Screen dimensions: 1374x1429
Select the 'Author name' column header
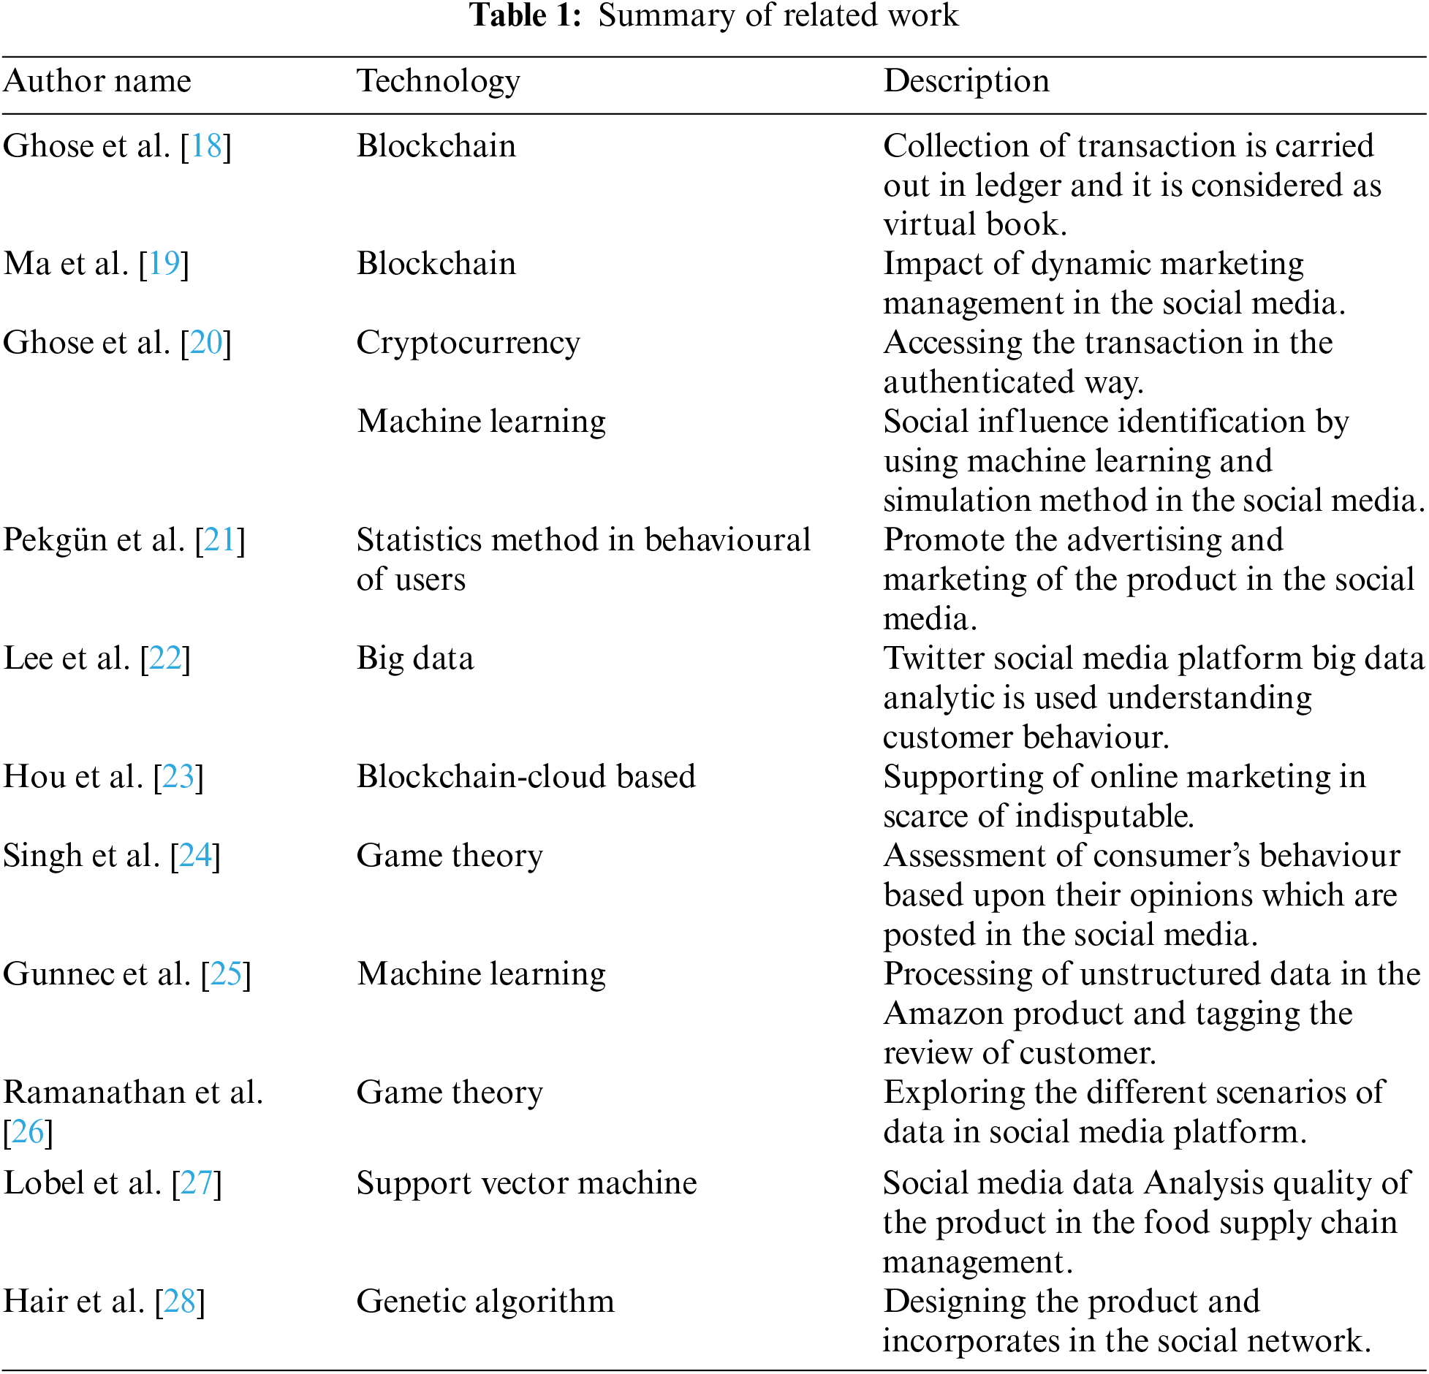[x=97, y=81]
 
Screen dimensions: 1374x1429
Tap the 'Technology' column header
[x=438, y=81]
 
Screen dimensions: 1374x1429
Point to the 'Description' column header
[x=966, y=81]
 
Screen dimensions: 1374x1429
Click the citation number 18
[x=206, y=146]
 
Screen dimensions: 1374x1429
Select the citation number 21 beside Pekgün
[x=220, y=540]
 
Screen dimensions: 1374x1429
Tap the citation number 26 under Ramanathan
[x=28, y=1132]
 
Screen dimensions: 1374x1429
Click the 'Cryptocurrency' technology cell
[x=468, y=343]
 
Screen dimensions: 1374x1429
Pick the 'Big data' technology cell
[x=414, y=658]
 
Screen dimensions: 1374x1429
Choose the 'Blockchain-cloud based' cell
[x=526, y=777]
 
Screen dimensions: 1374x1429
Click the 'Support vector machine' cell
[x=526, y=1183]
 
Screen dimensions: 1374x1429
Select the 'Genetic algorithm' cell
[x=485, y=1302]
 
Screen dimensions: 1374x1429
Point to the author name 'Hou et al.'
[x=73, y=777]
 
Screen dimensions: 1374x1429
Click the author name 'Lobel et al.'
[x=82, y=1183]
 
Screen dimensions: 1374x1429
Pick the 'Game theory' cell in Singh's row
[x=450, y=856]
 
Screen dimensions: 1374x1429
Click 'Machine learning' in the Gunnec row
[x=481, y=974]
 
